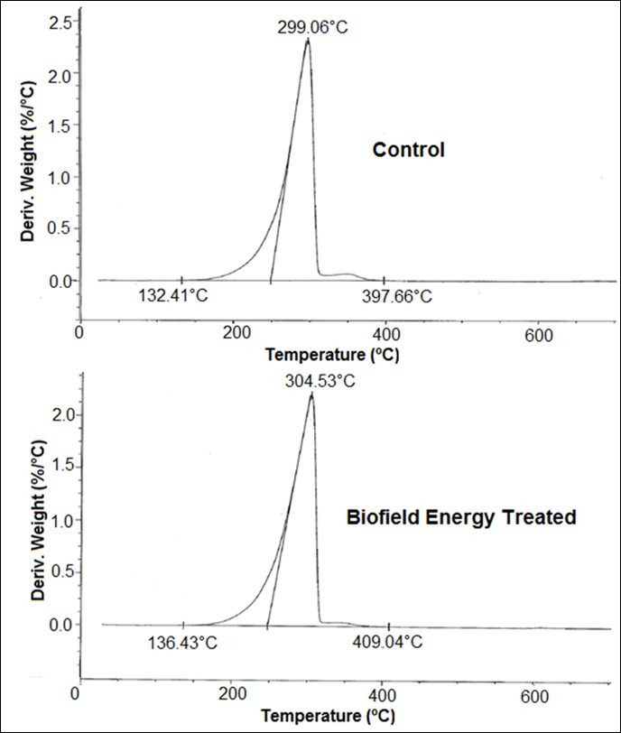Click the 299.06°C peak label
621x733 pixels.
(312, 27)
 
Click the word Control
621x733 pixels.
(409, 150)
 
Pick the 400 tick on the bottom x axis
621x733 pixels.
(383, 696)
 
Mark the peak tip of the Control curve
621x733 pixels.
(308, 40)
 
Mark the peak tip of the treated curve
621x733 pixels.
(311, 394)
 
